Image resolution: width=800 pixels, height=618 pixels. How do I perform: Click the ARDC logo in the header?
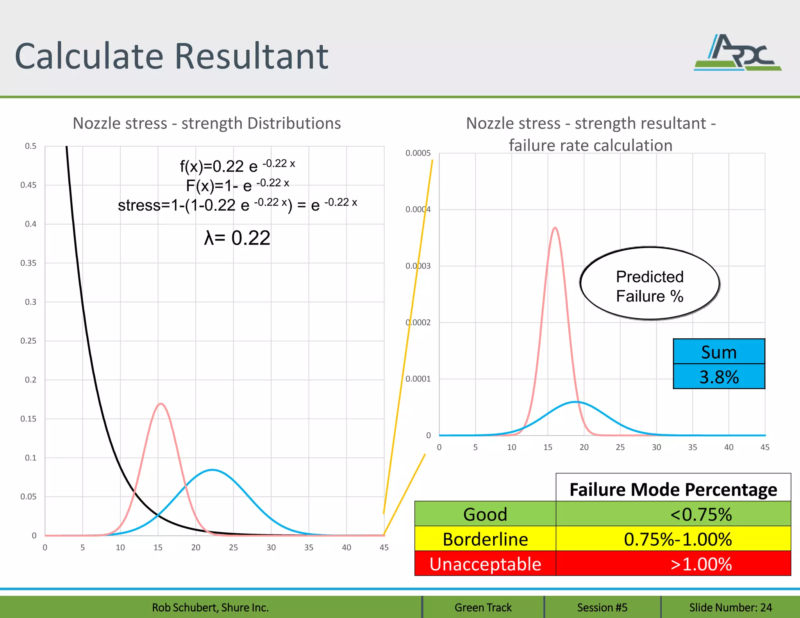point(737,53)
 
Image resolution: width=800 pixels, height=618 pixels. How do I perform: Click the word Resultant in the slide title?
point(251,57)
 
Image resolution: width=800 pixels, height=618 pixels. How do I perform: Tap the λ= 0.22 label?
point(237,238)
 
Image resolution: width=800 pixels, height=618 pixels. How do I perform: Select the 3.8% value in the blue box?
point(719,377)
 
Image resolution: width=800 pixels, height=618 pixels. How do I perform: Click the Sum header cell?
point(719,352)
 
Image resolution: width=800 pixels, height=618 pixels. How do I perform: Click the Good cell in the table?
point(485,514)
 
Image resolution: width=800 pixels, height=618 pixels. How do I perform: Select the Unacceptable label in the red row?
point(485,564)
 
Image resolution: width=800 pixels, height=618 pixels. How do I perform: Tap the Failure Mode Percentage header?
point(673,489)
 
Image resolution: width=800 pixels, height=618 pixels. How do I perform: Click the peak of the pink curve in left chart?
point(161,404)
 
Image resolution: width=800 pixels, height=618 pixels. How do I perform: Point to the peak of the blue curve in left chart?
point(212,470)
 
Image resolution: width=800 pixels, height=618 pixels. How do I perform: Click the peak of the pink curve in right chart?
point(555,228)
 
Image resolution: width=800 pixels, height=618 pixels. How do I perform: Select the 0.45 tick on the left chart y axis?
point(29,185)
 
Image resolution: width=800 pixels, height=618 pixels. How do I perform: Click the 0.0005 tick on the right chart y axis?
point(418,153)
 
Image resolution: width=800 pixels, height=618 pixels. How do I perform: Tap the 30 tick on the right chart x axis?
point(656,447)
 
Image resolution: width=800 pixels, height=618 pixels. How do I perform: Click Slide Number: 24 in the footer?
point(730,607)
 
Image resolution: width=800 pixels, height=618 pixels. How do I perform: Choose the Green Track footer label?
point(483,607)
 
